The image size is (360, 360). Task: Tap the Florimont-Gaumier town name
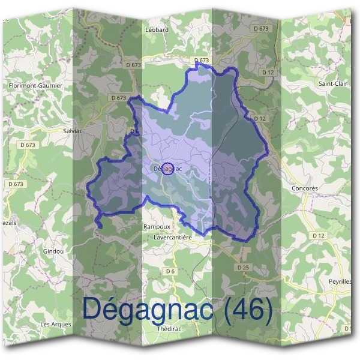pos(35,86)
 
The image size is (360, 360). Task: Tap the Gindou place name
pos(53,251)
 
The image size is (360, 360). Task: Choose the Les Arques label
pos(55,324)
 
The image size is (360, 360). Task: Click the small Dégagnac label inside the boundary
pos(167,169)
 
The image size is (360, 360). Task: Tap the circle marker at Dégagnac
pos(168,169)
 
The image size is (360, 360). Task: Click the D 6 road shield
pos(170,271)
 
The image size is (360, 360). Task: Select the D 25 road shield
pos(242,266)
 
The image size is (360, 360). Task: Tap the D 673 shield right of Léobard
pos(261,29)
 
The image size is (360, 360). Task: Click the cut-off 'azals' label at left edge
pos(9,222)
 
